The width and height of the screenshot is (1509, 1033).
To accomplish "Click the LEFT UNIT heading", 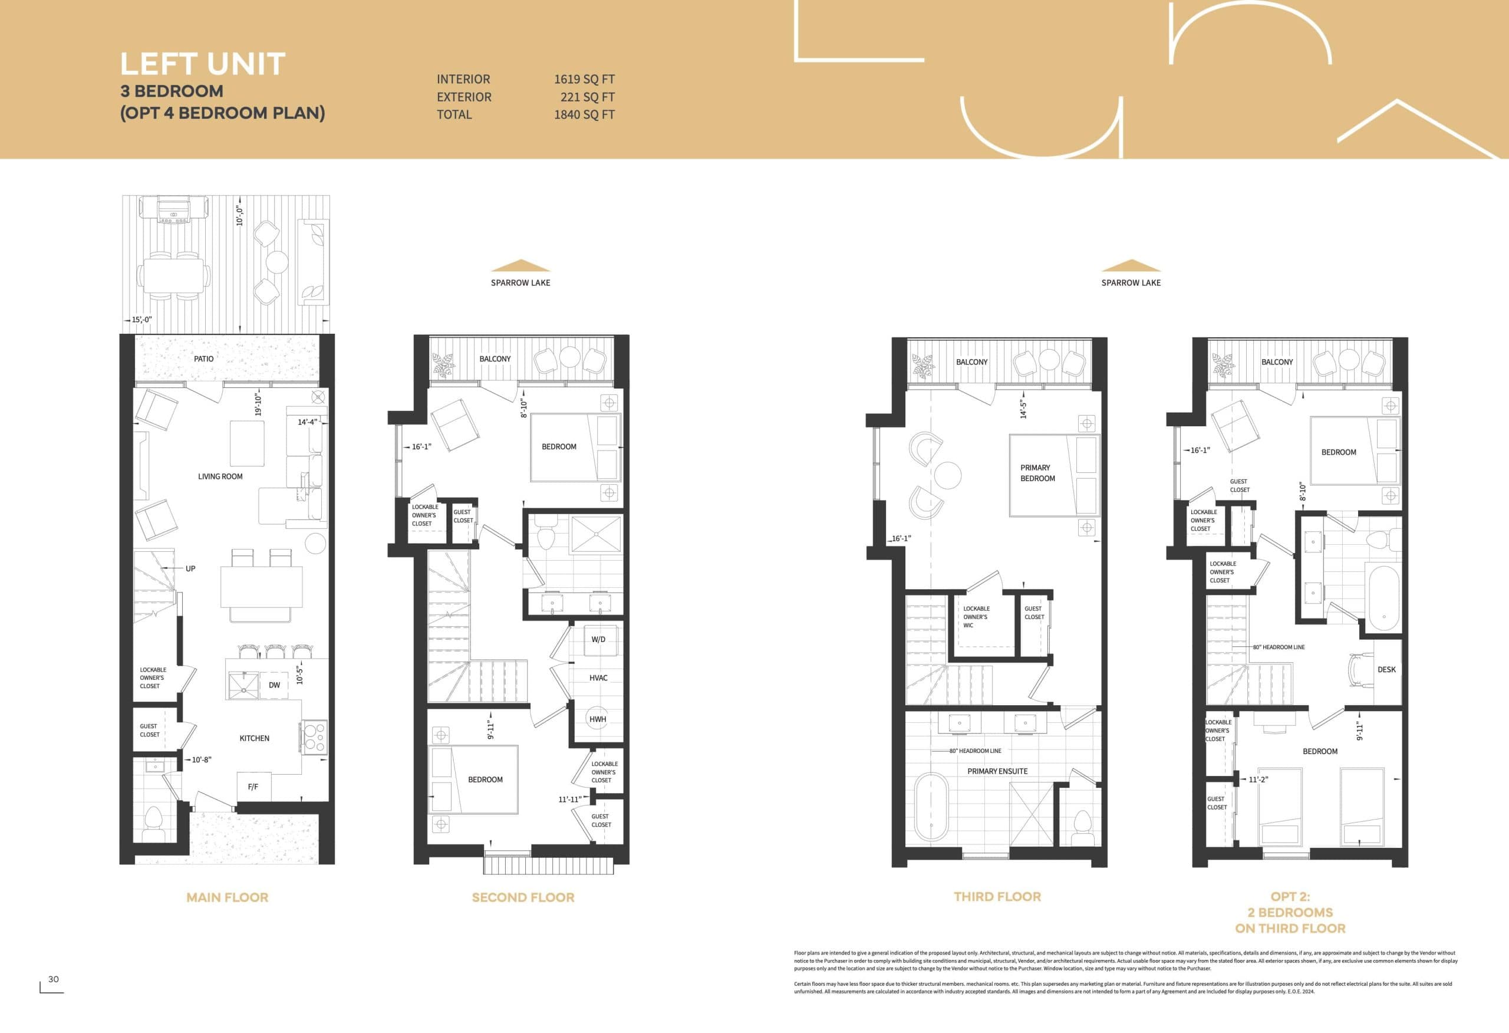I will [x=203, y=64].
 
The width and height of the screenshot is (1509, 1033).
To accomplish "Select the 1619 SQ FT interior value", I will [x=584, y=79].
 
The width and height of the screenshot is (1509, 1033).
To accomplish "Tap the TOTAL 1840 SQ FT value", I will [x=584, y=114].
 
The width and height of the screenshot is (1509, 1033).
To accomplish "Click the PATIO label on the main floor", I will [x=203, y=358].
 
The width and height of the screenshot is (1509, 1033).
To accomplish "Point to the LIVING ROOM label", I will [x=220, y=476].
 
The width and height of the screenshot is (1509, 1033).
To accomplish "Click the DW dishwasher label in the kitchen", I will [x=274, y=685].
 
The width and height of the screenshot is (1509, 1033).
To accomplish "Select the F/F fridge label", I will [x=253, y=787].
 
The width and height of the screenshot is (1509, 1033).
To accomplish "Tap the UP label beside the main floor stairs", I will [x=190, y=568].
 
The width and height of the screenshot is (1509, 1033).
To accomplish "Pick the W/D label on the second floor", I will [x=598, y=639].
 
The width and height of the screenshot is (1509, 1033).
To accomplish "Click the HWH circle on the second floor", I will [x=597, y=719].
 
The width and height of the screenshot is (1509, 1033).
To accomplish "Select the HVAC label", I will [x=598, y=677].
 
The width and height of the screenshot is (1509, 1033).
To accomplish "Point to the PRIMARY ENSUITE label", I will [x=997, y=771].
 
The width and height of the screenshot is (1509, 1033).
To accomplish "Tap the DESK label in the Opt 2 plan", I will [x=1386, y=669].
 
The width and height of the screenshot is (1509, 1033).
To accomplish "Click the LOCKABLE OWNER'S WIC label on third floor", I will [x=976, y=617].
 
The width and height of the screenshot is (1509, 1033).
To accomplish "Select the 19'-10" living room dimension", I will [x=258, y=404].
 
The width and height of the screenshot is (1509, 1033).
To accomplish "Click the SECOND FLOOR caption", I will [x=523, y=897].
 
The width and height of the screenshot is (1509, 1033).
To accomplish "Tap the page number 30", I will [x=53, y=979].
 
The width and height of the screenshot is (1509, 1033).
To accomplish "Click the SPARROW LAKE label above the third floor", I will [x=1131, y=282].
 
